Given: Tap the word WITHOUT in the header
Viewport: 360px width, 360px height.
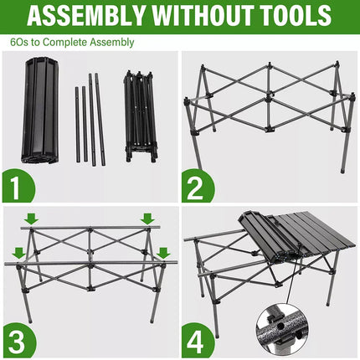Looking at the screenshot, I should point(197,16).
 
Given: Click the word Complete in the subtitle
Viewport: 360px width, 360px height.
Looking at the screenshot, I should point(66,41).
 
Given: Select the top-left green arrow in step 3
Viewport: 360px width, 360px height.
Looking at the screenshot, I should point(31,219).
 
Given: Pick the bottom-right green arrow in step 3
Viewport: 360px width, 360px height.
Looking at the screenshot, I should point(163,251).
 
